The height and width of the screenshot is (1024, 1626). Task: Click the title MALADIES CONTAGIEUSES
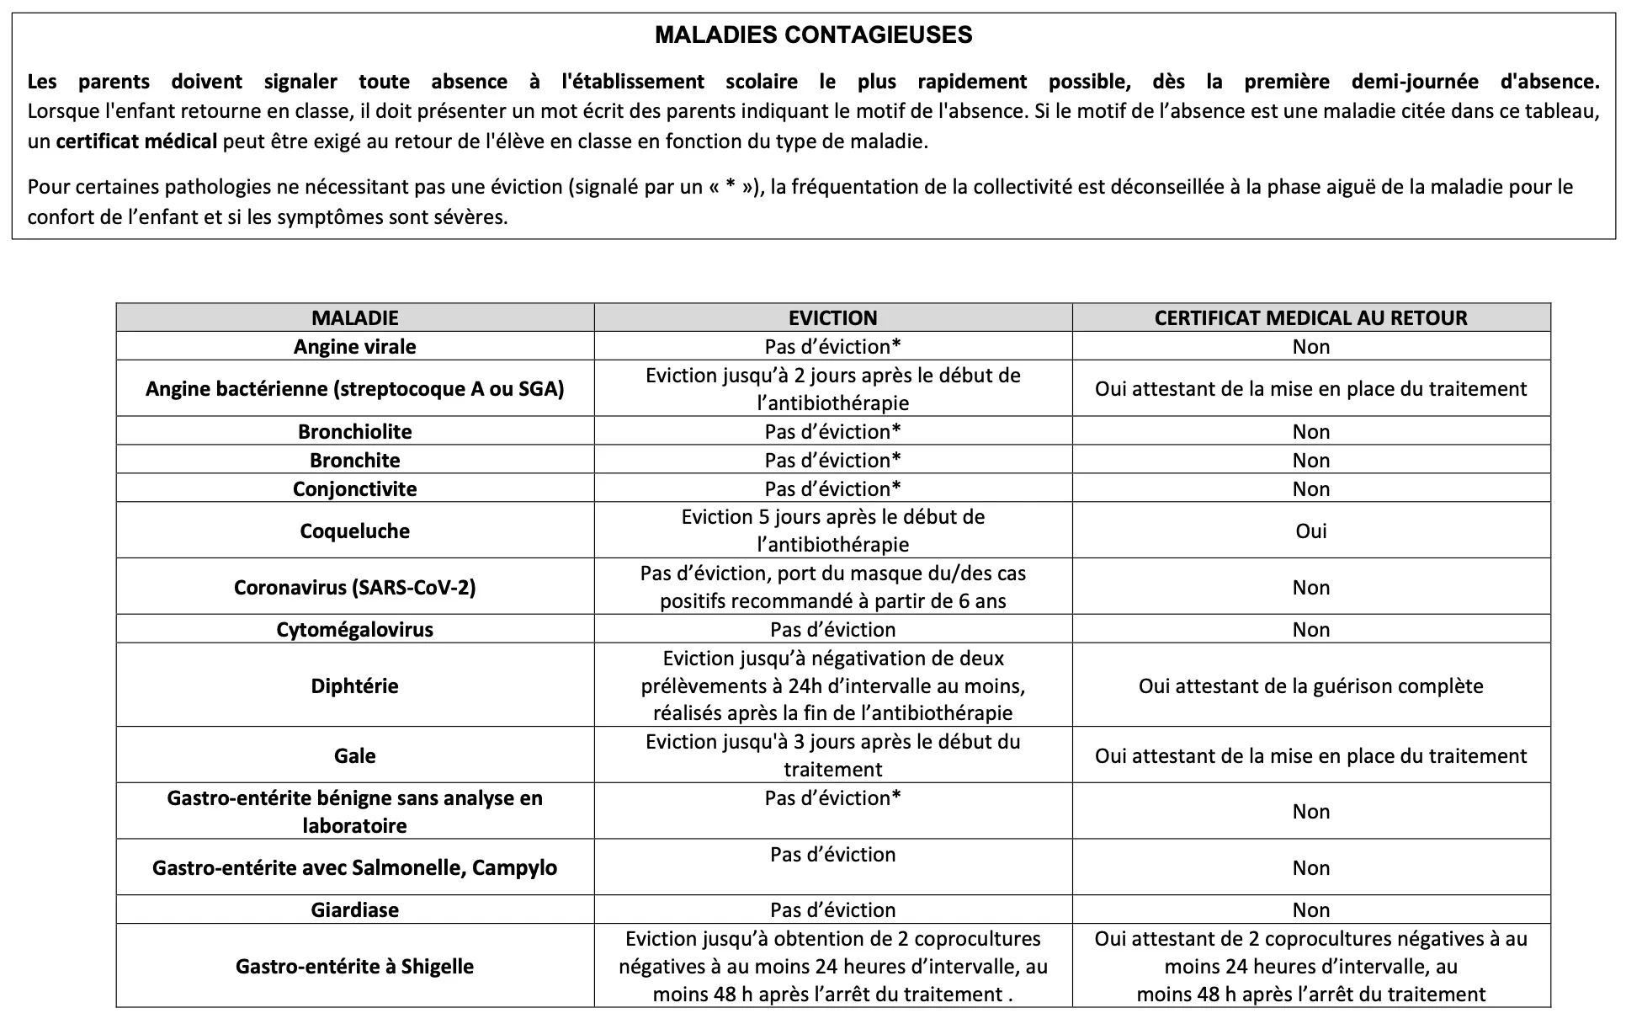(813, 35)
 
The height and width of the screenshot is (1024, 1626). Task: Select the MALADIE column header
(354, 318)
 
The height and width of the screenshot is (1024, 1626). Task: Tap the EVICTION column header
(832, 318)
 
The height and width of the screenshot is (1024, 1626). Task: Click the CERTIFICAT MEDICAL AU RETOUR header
(1310, 318)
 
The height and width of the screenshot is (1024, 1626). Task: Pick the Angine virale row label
(354, 347)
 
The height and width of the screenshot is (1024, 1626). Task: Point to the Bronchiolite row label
(354, 432)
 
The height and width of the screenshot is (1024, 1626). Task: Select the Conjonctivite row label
(354, 489)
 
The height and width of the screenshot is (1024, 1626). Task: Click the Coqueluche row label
(354, 531)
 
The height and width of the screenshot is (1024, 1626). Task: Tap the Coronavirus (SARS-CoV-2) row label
(354, 587)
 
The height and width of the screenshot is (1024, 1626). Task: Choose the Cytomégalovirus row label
(354, 630)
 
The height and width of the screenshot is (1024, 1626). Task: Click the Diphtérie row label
(354, 685)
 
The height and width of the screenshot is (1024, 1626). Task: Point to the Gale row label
(354, 756)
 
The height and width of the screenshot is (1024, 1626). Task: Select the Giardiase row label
(354, 910)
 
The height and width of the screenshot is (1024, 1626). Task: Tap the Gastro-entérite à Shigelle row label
(354, 967)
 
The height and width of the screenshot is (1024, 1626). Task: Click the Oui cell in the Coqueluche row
(1310, 531)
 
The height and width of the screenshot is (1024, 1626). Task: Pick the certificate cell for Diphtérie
(1310, 685)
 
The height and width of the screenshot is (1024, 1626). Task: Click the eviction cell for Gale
(832, 755)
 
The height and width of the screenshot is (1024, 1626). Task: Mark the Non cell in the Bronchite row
(1310, 461)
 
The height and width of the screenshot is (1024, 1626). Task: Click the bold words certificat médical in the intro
(136, 141)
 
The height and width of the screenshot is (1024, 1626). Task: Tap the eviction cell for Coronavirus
(832, 587)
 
